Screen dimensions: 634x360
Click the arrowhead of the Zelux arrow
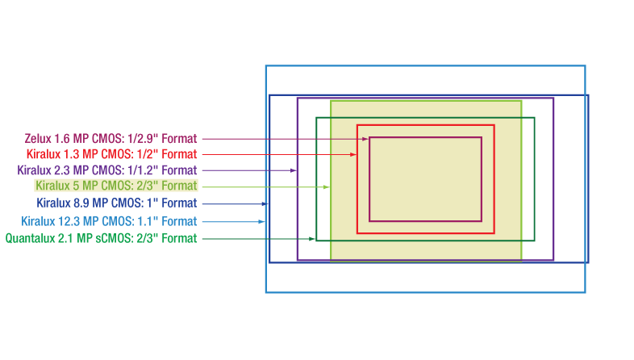[365, 139]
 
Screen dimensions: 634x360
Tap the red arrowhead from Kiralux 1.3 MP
[353, 154]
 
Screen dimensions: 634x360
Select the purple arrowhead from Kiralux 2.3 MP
[294, 170]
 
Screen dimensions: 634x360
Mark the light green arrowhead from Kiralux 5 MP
[327, 187]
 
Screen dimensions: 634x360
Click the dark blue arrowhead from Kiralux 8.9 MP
[265, 204]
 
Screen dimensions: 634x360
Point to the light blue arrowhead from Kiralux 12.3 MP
[261, 222]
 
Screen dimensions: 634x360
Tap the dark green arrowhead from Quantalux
[311, 239]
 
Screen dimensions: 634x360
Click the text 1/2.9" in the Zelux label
[142, 139]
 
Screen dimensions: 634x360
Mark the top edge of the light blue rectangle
[425, 65]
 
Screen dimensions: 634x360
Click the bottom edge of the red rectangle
[426, 233]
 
